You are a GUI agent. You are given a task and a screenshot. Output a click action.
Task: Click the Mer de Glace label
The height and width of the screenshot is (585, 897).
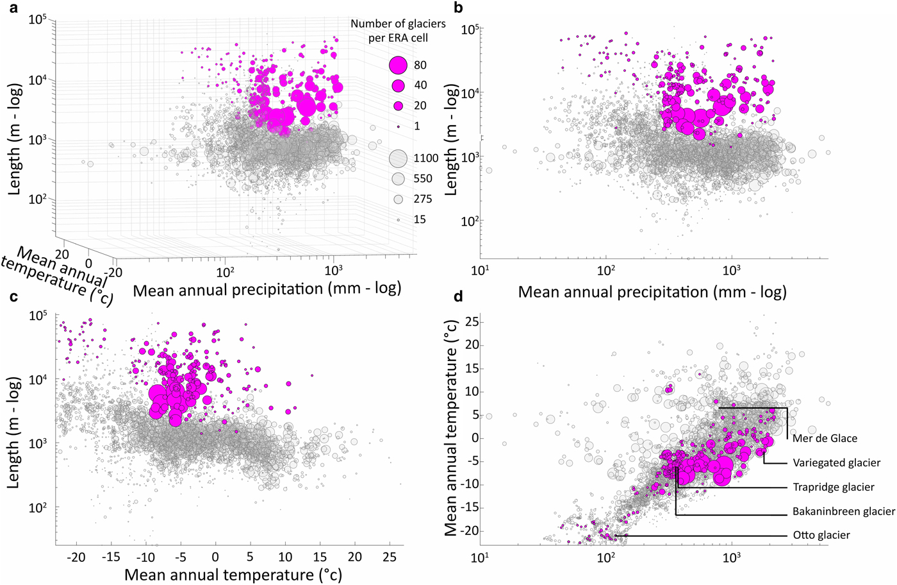click(x=825, y=439)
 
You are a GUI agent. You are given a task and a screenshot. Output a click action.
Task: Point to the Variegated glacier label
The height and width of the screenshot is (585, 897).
click(x=836, y=463)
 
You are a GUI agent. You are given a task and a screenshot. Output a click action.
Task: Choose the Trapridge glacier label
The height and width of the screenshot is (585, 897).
click(x=833, y=487)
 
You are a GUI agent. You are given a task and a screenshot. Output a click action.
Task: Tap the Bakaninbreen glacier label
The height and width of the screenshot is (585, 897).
click(x=843, y=512)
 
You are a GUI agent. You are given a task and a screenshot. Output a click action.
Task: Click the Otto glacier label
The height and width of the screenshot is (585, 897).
click(x=821, y=536)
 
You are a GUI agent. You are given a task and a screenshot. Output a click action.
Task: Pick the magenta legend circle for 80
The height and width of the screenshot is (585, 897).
click(x=399, y=65)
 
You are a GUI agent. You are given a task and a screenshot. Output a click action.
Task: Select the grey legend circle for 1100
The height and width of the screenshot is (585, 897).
click(x=399, y=158)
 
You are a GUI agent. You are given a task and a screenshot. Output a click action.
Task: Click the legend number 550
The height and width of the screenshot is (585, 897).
click(x=423, y=179)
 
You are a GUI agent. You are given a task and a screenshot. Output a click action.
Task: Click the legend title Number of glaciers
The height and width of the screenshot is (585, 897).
click(x=398, y=24)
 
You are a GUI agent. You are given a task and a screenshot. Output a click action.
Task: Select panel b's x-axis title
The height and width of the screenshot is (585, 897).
click(x=652, y=292)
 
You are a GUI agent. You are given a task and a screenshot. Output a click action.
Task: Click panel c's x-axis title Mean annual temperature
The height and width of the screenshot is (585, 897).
click(x=233, y=575)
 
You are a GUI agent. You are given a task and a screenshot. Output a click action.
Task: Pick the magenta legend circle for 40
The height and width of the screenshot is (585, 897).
click(x=399, y=85)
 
